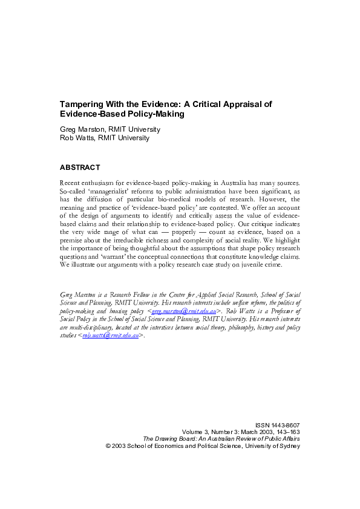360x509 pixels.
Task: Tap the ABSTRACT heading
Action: click(x=80, y=167)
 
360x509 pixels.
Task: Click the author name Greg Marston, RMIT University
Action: click(x=110, y=129)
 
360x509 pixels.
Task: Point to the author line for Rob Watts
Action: click(x=105, y=138)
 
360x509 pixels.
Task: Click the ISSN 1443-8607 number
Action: click(x=278, y=426)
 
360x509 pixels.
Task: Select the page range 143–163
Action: click(x=286, y=432)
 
